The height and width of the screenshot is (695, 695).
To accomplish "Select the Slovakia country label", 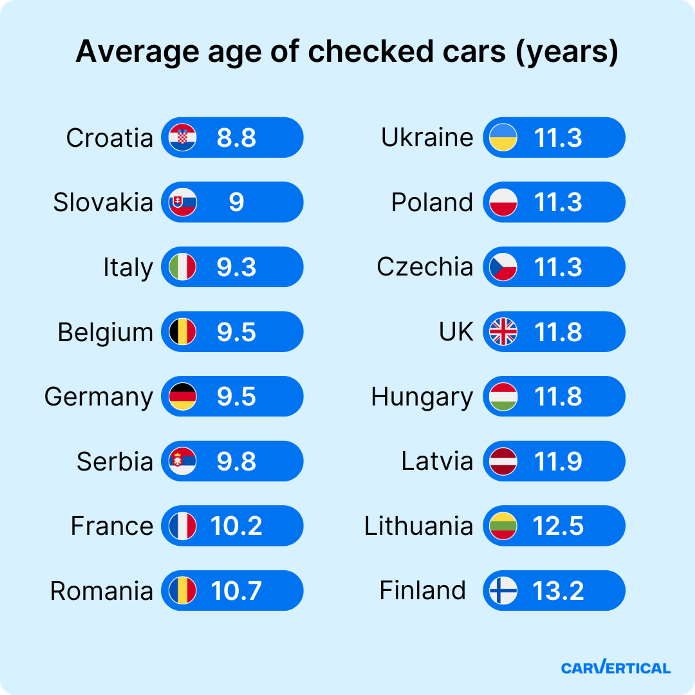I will click(x=103, y=202).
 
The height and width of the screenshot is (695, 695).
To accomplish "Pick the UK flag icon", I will click(x=503, y=332).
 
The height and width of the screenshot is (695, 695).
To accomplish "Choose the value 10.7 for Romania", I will click(x=236, y=591).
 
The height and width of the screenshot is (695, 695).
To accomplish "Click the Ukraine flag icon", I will click(x=503, y=137).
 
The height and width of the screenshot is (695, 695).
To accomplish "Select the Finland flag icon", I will click(x=503, y=591).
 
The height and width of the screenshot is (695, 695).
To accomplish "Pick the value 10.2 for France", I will click(x=236, y=526).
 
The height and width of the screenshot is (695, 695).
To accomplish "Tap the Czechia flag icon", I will click(x=503, y=267).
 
